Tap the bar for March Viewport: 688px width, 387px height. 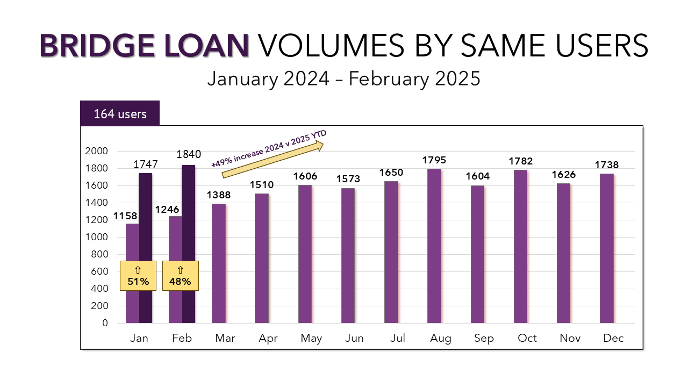pos(218,263)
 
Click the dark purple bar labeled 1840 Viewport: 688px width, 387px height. pos(189,215)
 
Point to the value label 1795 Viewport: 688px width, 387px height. pos(434,160)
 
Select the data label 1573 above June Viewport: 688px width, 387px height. pos(348,179)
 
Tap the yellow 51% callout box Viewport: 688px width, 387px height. pos(138,276)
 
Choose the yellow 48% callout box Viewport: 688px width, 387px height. pos(181,276)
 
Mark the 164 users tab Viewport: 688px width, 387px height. pos(120,114)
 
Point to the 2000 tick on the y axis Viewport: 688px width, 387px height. pos(97,151)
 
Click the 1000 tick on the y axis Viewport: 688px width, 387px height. pos(97,237)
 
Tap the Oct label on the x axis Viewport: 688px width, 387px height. pos(527,338)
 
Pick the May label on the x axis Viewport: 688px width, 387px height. pos(311,338)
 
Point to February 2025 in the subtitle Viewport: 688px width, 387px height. pos(414,79)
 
